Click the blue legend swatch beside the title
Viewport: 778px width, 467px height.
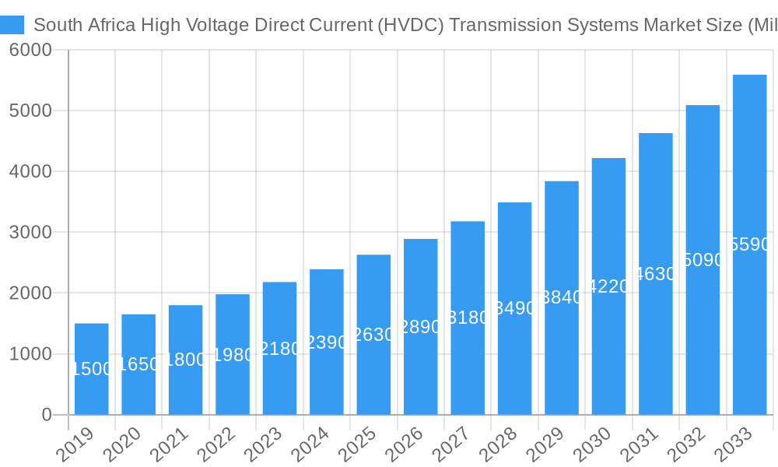click(12, 25)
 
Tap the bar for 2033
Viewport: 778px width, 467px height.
click(749, 327)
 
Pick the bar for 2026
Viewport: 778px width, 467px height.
click(421, 366)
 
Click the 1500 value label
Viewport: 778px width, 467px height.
click(92, 369)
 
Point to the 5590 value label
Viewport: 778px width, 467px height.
click(750, 245)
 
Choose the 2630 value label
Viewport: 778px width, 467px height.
click(373, 335)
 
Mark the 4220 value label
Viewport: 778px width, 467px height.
click(608, 286)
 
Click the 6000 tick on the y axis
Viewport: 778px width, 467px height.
click(30, 51)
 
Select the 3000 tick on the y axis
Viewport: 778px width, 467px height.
click(30, 232)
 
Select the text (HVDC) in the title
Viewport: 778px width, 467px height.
click(410, 25)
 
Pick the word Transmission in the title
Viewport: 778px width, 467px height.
click(503, 25)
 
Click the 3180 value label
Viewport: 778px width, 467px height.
click(468, 318)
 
